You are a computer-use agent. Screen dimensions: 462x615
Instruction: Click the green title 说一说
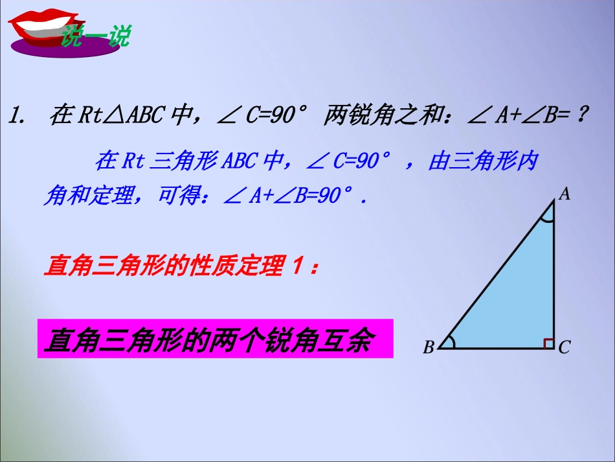pyautogui.click(x=95, y=36)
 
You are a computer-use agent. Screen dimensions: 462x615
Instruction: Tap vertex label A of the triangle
pyautogui.click(x=564, y=193)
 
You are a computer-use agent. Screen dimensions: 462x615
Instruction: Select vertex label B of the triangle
pyautogui.click(x=429, y=349)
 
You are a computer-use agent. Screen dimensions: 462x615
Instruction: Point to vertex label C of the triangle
pyautogui.click(x=564, y=348)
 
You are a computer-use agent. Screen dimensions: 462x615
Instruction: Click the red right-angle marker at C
pyautogui.click(x=548, y=343)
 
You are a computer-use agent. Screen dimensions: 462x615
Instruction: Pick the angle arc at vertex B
pyautogui.click(x=452, y=342)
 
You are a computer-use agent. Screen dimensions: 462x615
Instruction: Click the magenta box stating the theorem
pyautogui.click(x=215, y=338)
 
